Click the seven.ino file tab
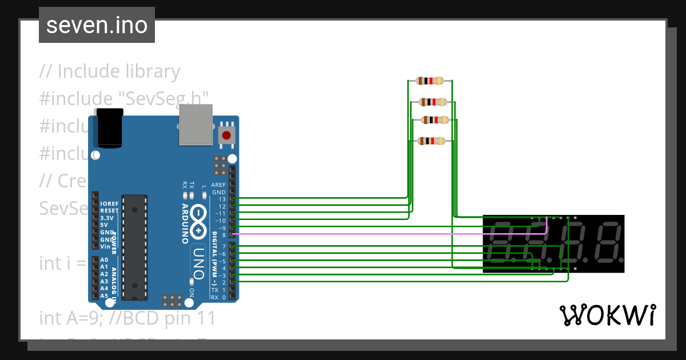click(97, 25)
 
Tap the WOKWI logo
click(607, 315)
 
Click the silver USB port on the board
click(196, 125)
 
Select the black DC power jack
click(110, 129)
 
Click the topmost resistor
click(430, 81)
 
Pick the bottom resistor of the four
click(431, 141)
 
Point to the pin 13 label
click(222, 199)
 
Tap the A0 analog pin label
click(104, 260)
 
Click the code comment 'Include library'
click(118, 71)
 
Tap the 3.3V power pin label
click(106, 218)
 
